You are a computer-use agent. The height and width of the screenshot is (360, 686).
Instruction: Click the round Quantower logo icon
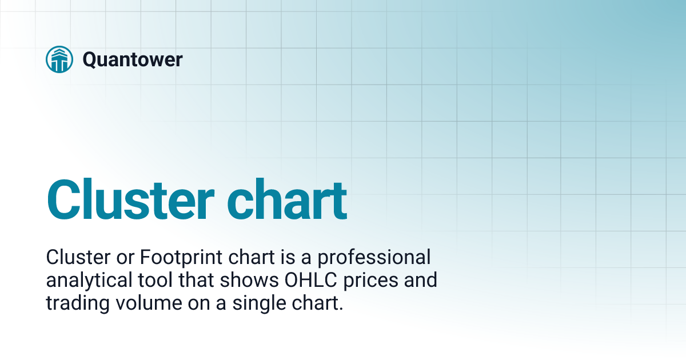(59, 59)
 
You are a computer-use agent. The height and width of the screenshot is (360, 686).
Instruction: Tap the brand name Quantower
(132, 59)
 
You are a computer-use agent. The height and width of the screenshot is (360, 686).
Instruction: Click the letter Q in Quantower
(90, 59)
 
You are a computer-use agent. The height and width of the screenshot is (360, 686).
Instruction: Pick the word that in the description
(205, 281)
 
